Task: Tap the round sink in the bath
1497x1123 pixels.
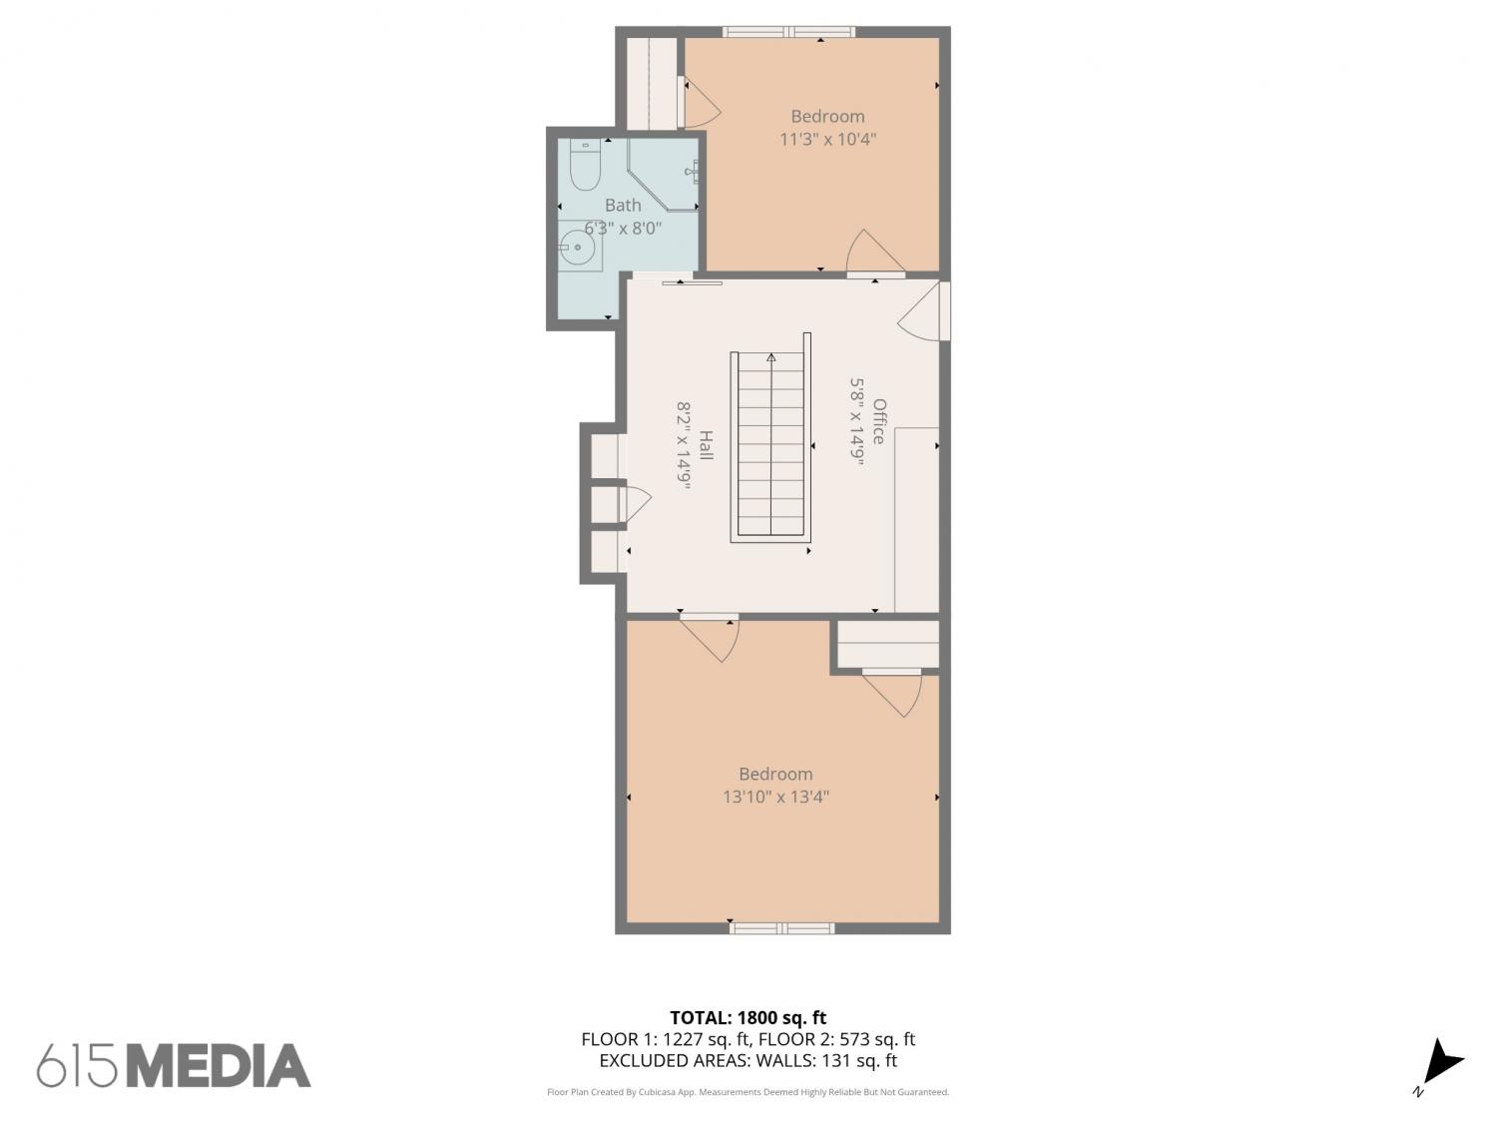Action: click(x=578, y=247)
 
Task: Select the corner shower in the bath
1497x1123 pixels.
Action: click(x=663, y=174)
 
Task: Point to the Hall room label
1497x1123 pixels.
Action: click(x=706, y=444)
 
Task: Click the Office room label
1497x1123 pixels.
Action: click(x=878, y=421)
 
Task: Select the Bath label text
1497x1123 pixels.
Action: click(x=623, y=205)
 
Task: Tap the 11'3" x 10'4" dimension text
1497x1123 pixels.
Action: click(x=827, y=139)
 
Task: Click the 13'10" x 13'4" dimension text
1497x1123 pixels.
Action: click(x=775, y=797)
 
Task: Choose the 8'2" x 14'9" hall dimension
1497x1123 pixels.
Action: click(x=684, y=446)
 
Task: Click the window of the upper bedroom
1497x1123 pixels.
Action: click(x=788, y=31)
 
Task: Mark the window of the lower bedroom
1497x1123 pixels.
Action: click(x=781, y=928)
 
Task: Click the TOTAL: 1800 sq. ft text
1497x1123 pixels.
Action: click(x=748, y=1018)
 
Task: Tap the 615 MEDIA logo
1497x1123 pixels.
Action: click(x=174, y=1065)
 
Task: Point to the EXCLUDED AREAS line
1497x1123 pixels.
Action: click(x=748, y=1061)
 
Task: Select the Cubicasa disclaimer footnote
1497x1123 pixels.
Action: click(x=748, y=1092)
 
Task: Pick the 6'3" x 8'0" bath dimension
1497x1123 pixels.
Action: click(x=623, y=228)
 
